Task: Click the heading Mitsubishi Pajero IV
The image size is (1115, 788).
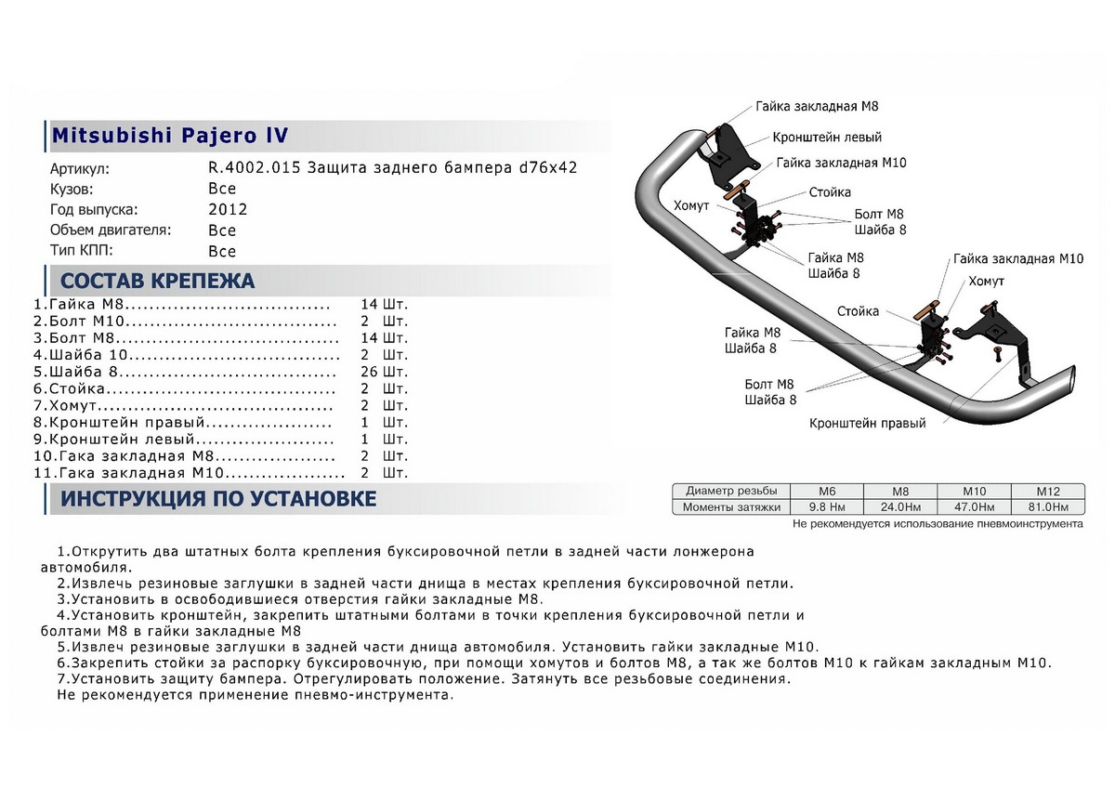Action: [x=169, y=136]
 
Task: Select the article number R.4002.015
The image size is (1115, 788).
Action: [x=253, y=169]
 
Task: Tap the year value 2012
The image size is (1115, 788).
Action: [x=228, y=210]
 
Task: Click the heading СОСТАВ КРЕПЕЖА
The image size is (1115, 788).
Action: [x=157, y=281]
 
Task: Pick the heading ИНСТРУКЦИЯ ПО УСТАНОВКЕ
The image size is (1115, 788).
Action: [x=217, y=499]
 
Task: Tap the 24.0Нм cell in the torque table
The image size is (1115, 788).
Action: [x=899, y=507]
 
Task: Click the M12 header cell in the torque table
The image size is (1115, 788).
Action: [x=1047, y=492]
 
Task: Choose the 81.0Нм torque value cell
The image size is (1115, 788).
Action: [x=1047, y=507]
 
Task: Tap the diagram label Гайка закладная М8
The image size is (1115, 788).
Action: [x=817, y=107]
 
